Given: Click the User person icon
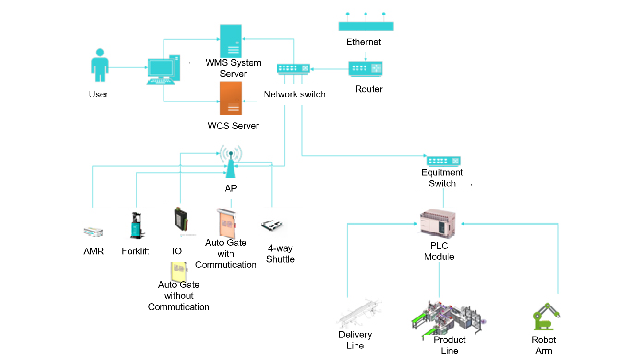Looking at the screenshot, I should pos(100,65).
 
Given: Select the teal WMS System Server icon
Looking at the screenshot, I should pos(231,40).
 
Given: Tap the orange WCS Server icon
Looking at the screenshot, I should pos(231,98).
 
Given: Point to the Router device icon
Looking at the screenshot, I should pos(366,69).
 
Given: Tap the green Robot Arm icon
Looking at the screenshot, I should pos(545,317).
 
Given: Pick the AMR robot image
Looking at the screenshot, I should pos(94,232).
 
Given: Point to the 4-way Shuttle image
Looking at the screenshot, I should pos(273,225).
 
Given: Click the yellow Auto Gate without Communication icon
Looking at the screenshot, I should pos(178,271).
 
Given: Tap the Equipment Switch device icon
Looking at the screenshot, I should pos(443,161).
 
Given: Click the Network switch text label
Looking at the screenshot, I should pos(295,94).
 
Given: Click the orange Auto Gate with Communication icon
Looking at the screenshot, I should pos(225,223).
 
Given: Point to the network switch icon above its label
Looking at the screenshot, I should pos(293,69).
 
